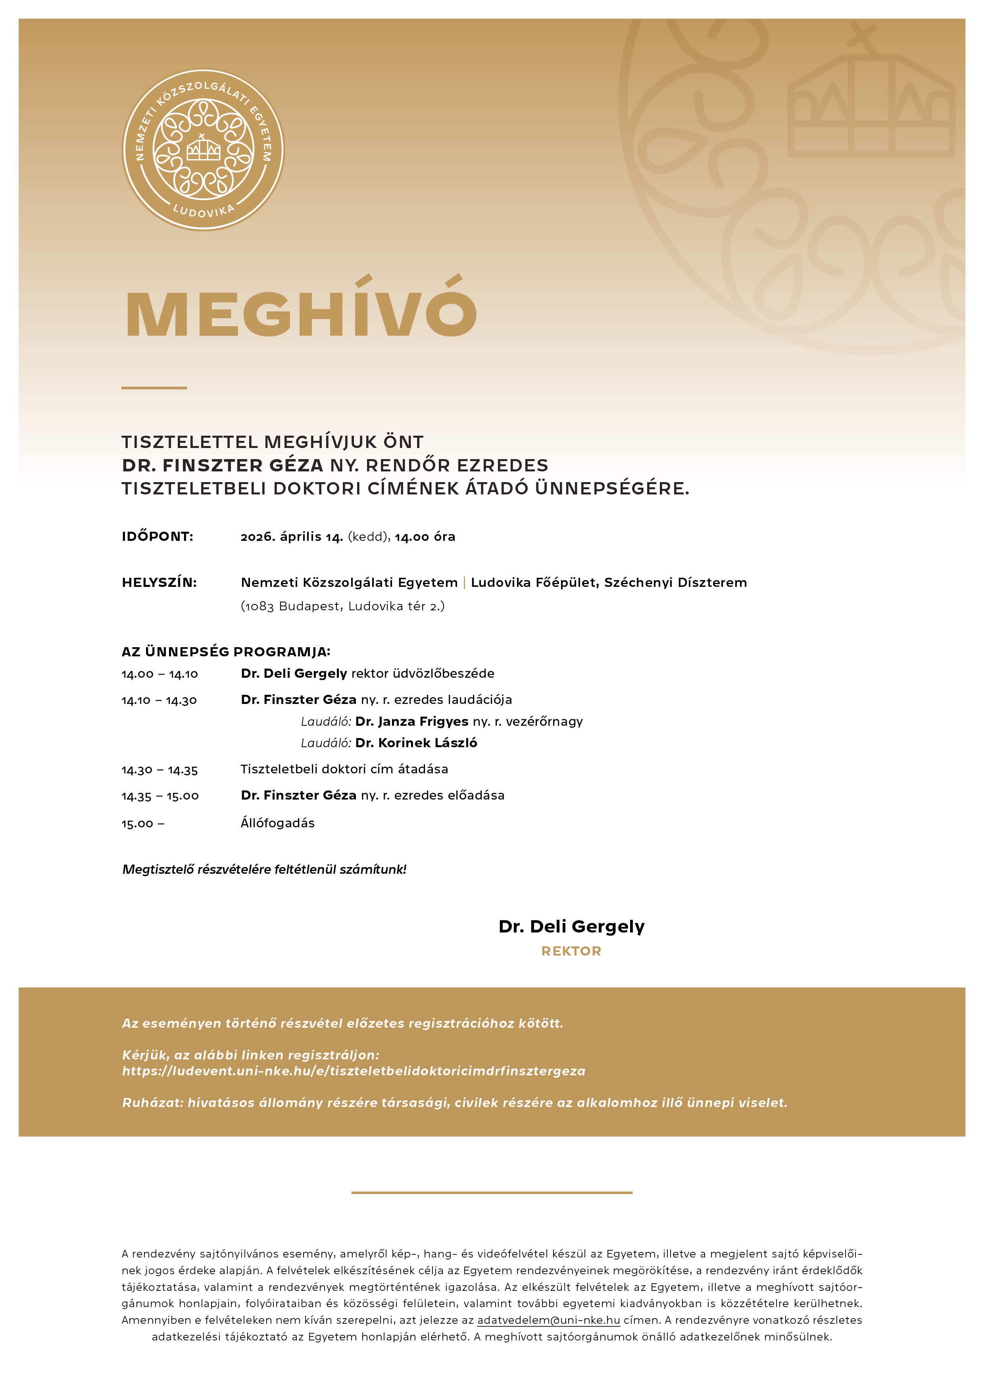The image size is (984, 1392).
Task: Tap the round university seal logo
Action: [203, 150]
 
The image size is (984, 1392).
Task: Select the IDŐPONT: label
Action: [158, 536]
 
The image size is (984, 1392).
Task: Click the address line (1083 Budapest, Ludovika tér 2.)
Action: [342, 606]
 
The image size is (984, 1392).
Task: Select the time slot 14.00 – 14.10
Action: [160, 674]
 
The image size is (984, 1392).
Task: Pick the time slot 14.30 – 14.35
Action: [160, 770]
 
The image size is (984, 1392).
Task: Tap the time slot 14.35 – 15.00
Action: [160, 796]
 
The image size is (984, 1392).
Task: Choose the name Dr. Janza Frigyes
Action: [412, 721]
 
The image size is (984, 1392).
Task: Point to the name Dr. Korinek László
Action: [416, 743]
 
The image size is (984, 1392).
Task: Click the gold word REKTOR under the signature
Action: [571, 951]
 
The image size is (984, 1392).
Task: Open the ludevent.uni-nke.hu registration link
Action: [354, 1071]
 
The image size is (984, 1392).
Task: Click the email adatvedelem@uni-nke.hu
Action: [548, 1320]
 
